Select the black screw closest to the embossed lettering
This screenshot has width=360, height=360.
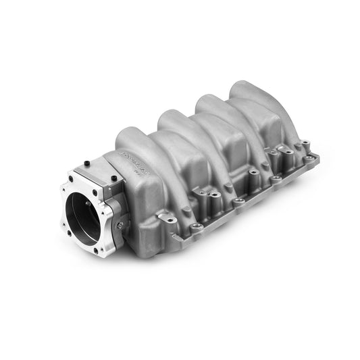(x=113, y=178)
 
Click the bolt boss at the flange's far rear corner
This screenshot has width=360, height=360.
(x=310, y=157)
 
